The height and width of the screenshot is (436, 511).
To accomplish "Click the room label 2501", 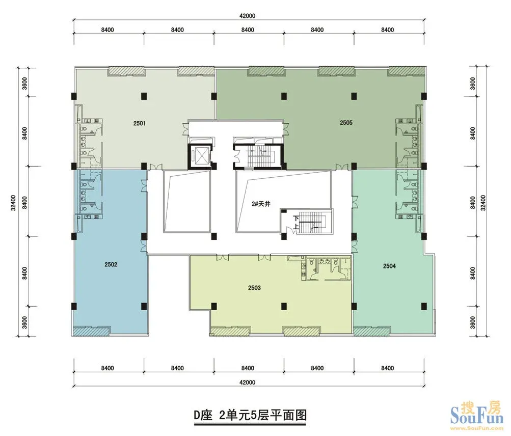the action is click(139, 123).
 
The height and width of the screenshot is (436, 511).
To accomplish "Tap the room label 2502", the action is click(111, 264).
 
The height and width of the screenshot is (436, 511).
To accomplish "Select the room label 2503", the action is click(254, 288).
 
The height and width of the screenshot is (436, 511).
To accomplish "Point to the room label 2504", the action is click(389, 266).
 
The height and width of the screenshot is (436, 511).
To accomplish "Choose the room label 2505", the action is click(346, 123).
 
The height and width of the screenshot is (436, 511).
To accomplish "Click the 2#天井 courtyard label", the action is click(261, 204).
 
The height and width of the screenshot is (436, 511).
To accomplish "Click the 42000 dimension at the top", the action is click(248, 16).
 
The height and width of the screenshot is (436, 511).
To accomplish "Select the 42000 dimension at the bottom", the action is click(248, 382).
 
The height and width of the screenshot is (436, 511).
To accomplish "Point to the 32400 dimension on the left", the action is click(13, 203).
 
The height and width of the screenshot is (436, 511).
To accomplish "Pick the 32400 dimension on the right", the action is click(483, 203).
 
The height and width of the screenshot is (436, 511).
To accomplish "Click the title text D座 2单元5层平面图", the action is click(250, 416).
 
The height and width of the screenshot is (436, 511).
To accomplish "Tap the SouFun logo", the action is click(476, 415).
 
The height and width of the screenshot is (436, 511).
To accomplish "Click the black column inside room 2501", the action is click(144, 96).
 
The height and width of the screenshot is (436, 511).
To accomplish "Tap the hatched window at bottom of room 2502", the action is click(91, 331).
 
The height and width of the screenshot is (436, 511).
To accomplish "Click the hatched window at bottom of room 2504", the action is click(371, 332).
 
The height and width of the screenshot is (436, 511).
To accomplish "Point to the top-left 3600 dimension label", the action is click(24, 83).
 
